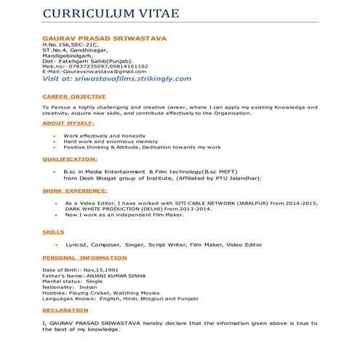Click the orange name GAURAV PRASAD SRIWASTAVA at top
(x=105, y=38)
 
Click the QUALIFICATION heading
(x=69, y=158)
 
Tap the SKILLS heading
(x=53, y=231)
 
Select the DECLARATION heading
(x=65, y=310)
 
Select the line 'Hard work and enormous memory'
(x=111, y=142)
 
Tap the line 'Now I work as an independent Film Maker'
(x=120, y=215)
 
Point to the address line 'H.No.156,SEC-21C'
(x=75, y=44)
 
